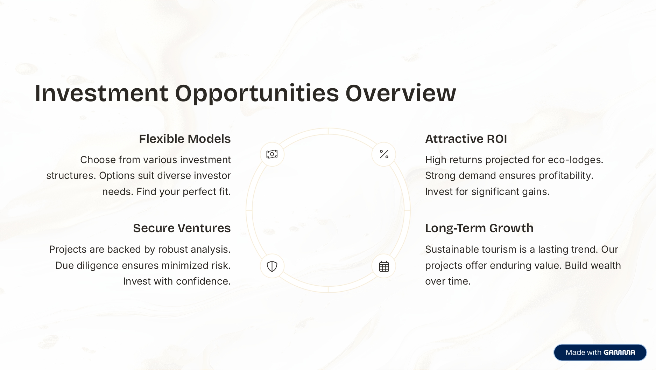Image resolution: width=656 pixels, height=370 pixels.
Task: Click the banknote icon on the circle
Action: pyautogui.click(x=272, y=154)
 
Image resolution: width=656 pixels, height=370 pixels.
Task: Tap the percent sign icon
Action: pyautogui.click(x=384, y=154)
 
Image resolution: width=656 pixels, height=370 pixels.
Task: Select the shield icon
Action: pyautogui.click(x=272, y=266)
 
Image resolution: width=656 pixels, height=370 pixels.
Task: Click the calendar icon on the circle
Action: pyautogui.click(x=384, y=266)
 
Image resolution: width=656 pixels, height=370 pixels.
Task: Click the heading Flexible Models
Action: pyautogui.click(x=185, y=139)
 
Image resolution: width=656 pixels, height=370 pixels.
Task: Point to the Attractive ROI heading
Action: pyautogui.click(x=466, y=139)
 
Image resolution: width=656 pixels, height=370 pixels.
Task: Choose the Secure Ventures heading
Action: pyautogui.click(x=182, y=228)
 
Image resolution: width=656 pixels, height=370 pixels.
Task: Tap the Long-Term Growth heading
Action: pyautogui.click(x=479, y=228)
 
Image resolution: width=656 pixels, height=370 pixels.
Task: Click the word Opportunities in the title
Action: pyautogui.click(x=257, y=93)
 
